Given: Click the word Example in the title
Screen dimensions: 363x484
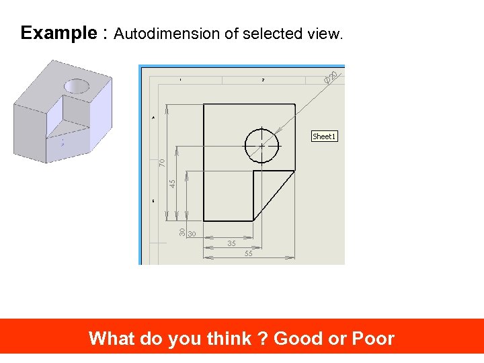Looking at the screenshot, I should (58, 33).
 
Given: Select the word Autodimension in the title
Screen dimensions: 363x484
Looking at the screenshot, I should (167, 34).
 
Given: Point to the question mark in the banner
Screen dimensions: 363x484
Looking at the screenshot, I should (263, 338).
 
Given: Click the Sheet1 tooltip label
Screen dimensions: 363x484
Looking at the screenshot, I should (323, 136).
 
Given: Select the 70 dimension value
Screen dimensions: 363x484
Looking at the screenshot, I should (162, 162).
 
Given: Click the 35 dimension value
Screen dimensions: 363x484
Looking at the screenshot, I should (231, 243).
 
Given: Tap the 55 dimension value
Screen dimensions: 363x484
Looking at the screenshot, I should (249, 254).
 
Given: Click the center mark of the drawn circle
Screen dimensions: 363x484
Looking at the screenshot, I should (261, 145).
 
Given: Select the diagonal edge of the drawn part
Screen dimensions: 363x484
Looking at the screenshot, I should (274, 195).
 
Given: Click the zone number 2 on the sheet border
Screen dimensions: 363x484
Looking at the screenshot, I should (263, 80).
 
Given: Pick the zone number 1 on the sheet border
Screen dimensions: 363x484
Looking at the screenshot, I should (180, 80).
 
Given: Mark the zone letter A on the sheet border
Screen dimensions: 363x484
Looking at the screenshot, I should (153, 117).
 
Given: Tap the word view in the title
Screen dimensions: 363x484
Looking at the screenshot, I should (324, 34).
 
